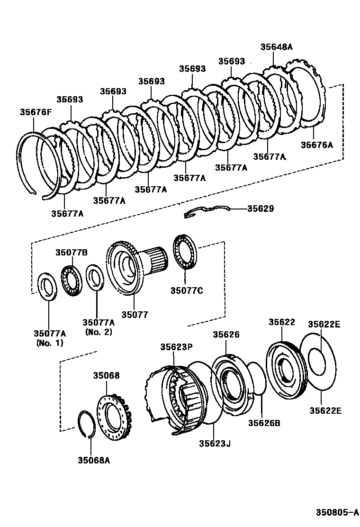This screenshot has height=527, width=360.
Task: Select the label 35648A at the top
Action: (277, 47)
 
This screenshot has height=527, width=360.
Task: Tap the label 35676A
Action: (317, 145)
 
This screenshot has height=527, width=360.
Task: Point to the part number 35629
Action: (261, 209)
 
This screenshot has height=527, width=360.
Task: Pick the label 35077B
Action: (72, 252)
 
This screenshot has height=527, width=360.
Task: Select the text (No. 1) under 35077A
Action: (50, 343)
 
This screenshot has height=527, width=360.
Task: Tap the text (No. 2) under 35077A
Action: (99, 332)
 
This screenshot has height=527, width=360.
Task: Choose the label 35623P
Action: (176, 347)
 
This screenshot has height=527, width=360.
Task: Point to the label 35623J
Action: (215, 443)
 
